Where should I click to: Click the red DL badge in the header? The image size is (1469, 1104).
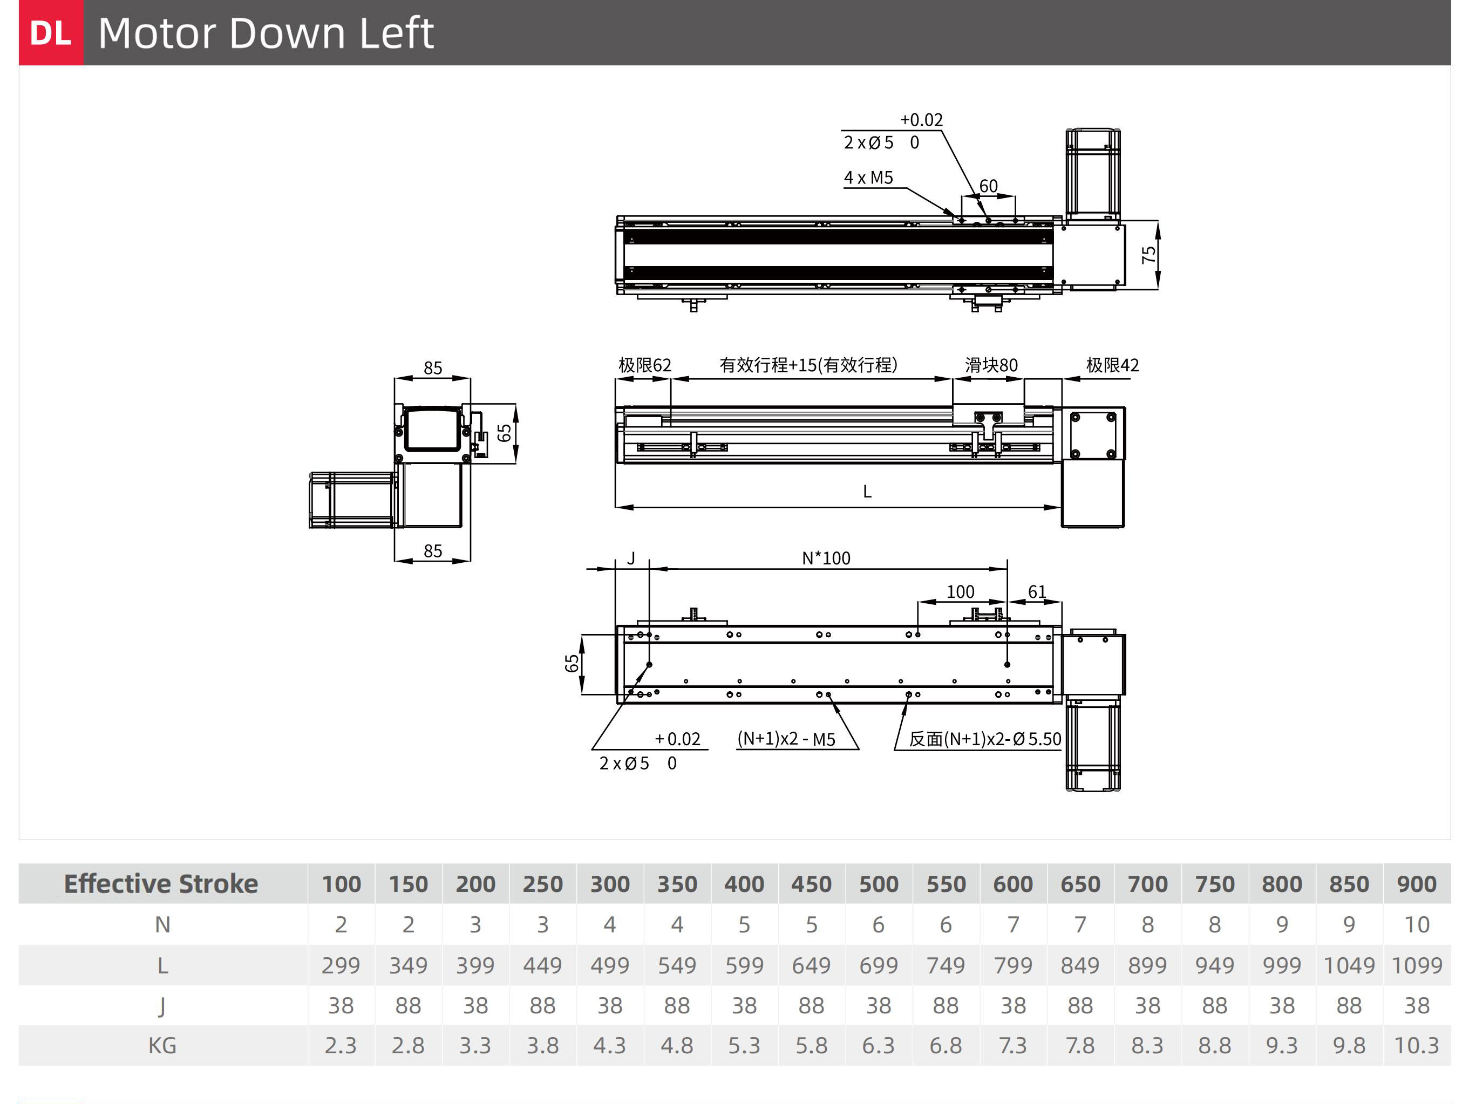pos(51,32)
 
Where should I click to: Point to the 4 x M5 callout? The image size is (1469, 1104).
pos(868,178)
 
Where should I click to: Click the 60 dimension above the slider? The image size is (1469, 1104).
pos(988,186)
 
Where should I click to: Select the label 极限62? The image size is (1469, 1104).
pos(644,365)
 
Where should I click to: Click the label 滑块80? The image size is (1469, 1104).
pos(991,365)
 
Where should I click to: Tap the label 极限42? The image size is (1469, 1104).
pos(1112,365)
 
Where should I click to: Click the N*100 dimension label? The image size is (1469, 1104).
pos(826,558)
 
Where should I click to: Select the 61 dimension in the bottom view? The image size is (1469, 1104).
pos(1037,591)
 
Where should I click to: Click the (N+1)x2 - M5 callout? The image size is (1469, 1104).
pos(786,739)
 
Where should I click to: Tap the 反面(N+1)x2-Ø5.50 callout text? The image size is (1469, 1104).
pos(985,739)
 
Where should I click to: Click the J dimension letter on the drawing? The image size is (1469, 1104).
pos(631,558)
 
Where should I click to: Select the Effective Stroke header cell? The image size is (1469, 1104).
pos(161,884)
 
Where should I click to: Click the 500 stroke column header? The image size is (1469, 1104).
pos(879,884)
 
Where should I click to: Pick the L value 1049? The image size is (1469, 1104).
pos(1349,965)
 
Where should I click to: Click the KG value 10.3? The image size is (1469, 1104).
pos(1417,1046)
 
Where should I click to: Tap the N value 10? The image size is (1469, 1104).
pos(1417,925)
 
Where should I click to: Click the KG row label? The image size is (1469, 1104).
pos(162,1046)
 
